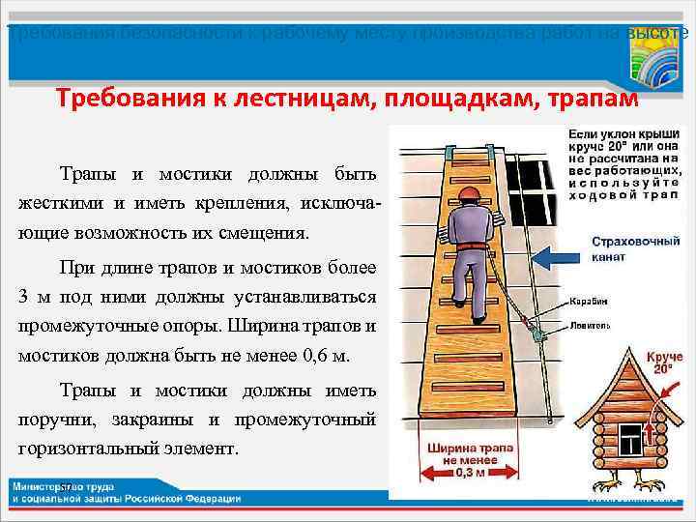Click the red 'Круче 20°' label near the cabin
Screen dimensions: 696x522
click(x=664, y=363)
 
